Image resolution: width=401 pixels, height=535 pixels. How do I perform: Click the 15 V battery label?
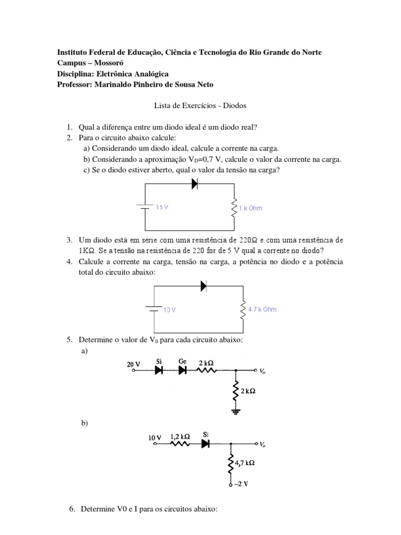click(162, 207)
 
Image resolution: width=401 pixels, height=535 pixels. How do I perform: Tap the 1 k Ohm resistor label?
click(251, 208)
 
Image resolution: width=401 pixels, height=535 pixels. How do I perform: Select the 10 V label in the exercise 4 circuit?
click(169, 310)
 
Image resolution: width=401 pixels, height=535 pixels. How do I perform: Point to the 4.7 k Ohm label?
click(262, 309)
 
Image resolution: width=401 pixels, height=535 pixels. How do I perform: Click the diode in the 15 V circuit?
click(195, 183)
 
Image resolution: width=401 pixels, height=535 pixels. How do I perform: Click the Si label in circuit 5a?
click(159, 361)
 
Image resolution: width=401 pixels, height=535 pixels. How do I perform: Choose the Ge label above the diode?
click(182, 361)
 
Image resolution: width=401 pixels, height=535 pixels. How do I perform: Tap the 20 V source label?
click(133, 365)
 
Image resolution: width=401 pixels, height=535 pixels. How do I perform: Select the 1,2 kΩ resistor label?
click(180, 436)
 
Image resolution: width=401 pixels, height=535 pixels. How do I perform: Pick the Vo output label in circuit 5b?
click(263, 445)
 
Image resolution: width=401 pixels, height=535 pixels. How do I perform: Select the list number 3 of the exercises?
click(69, 240)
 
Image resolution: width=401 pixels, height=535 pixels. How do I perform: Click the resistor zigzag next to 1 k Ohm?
click(233, 208)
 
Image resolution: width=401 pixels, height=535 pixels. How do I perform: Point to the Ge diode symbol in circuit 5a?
click(182, 370)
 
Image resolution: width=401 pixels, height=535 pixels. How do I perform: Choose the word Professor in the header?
click(75, 85)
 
